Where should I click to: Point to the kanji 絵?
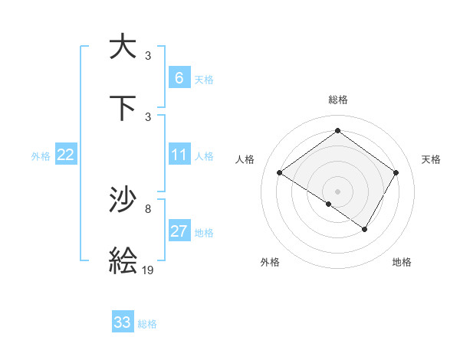click(x=123, y=260)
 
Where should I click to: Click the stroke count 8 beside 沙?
click(x=148, y=208)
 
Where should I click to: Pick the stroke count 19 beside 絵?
click(x=148, y=270)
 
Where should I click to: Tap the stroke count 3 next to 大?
click(x=148, y=55)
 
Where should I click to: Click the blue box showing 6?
click(x=179, y=78)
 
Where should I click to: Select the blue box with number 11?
click(x=179, y=155)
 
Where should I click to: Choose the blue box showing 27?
click(x=179, y=231)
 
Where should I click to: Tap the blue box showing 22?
click(x=66, y=155)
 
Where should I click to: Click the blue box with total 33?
click(x=123, y=322)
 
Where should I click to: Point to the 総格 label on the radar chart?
click(x=337, y=100)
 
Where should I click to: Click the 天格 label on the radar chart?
click(x=431, y=159)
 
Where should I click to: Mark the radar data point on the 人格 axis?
click(x=279, y=173)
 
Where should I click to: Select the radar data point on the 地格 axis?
click(x=365, y=229)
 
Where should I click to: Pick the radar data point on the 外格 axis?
click(x=329, y=204)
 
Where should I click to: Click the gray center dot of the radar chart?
click(x=337, y=191)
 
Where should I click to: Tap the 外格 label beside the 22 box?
click(x=41, y=156)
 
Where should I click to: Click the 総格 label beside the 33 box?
click(x=147, y=324)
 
